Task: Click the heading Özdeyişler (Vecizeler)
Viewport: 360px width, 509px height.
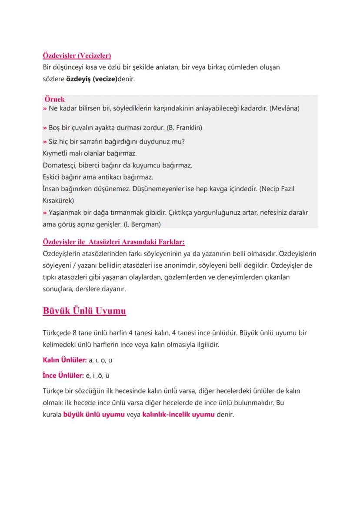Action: point(77,56)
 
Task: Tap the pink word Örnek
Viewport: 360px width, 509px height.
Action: point(54,100)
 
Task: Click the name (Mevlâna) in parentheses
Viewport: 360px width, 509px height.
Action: point(284,108)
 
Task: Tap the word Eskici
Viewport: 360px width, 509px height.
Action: point(52,177)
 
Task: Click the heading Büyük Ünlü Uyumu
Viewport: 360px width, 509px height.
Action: point(84,311)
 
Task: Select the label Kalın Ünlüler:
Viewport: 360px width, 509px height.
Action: point(64,360)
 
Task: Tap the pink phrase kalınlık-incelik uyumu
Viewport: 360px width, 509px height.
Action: point(178,414)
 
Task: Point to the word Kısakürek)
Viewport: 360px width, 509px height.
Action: point(59,201)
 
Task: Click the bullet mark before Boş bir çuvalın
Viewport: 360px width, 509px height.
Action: point(45,128)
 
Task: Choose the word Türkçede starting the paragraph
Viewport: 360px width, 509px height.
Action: point(58,333)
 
